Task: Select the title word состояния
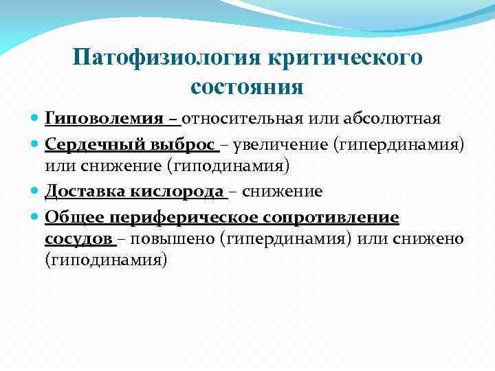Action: click(x=247, y=87)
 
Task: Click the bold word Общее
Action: click(x=70, y=218)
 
